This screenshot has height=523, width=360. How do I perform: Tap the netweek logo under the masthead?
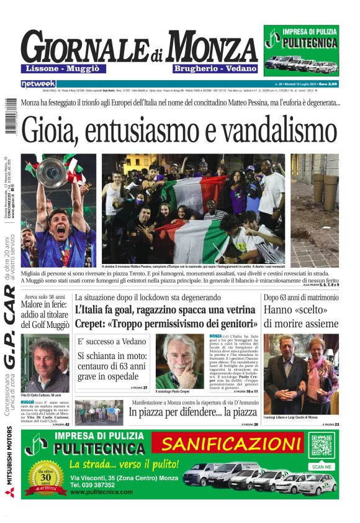38,83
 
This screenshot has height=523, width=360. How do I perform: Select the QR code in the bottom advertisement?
322,446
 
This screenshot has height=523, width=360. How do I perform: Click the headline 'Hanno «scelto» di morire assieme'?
301,316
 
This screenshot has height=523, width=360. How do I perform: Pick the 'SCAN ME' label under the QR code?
322,466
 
